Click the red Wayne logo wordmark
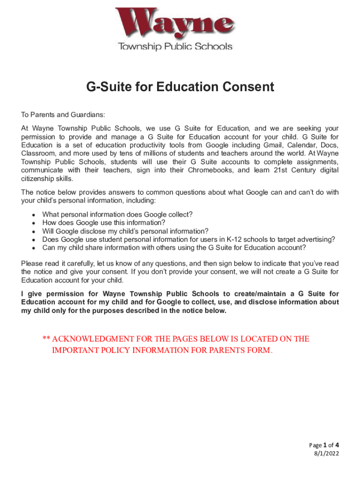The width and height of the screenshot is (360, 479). point(175,24)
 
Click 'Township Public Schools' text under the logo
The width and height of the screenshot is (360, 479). point(175,46)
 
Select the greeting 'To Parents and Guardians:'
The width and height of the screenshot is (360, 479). point(63,115)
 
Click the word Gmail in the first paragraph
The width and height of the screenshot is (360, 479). point(267,145)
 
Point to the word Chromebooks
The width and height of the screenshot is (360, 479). point(210,170)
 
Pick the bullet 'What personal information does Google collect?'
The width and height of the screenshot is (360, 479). point(117,214)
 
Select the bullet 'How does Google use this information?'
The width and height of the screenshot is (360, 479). point(104,223)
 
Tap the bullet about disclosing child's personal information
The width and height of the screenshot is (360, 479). point(125,231)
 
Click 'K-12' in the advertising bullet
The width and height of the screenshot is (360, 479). point(236,239)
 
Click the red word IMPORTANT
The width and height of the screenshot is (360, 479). point(76,350)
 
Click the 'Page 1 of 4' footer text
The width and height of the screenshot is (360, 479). point(321,445)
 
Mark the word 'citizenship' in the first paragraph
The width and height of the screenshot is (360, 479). point(40,179)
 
